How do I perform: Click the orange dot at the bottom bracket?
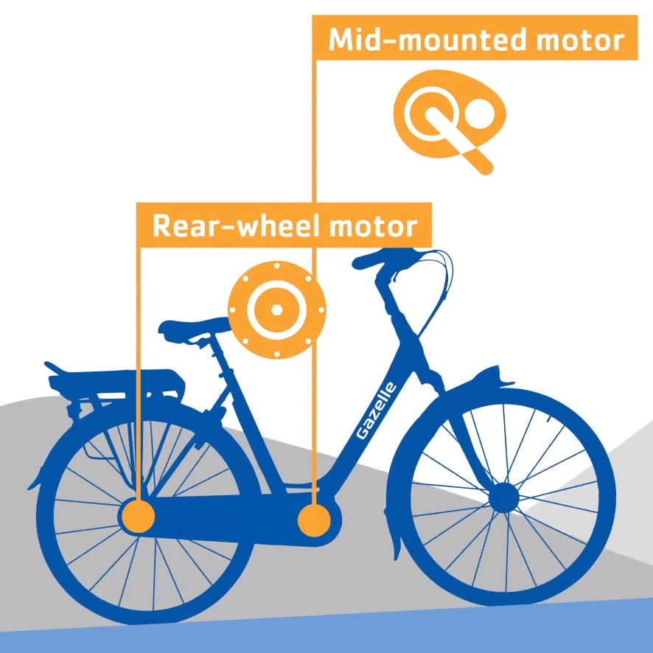tap(314, 520)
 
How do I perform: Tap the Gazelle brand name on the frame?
tap(377, 411)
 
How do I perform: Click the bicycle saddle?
tap(193, 327)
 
